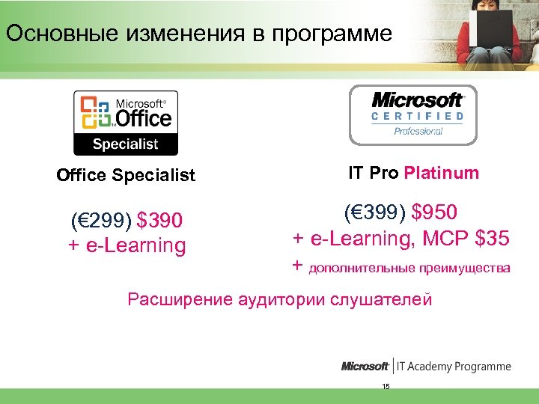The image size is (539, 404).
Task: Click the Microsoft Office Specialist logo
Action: pos(126,122)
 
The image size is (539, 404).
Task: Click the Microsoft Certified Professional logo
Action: pos(412,114)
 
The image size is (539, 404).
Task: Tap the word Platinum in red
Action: pos(441,174)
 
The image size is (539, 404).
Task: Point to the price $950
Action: pos(430,212)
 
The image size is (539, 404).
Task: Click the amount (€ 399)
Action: pos(371,212)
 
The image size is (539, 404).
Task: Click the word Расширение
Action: pos(180,300)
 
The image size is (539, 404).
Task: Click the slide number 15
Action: pos(386,386)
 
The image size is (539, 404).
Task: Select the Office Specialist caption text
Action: pos(126,175)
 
